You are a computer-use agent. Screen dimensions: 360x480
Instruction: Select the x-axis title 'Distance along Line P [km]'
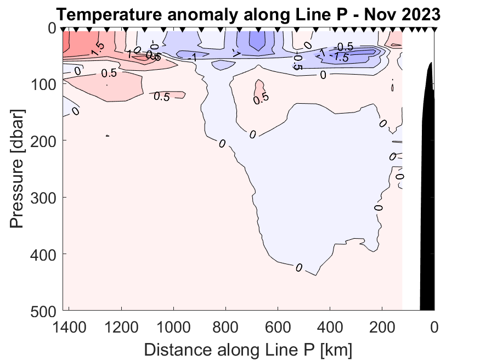[248, 349]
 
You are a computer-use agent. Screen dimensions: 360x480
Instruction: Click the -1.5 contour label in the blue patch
[342, 57]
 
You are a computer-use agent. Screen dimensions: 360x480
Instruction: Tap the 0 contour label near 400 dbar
[299, 267]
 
